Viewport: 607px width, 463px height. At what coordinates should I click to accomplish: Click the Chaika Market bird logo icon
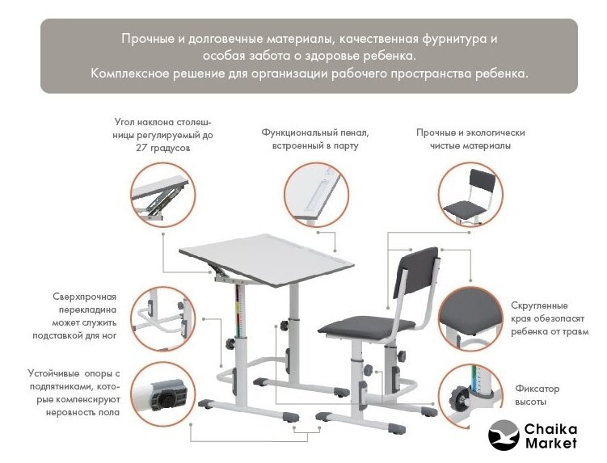pos(504,436)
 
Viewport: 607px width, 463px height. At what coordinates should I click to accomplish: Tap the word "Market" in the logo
pos(551,443)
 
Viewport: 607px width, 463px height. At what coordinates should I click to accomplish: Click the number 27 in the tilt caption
pos(141,148)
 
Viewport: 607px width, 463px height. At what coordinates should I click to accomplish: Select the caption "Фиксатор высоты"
pos(537,395)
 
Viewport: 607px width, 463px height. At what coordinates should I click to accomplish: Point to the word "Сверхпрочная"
pos(84,297)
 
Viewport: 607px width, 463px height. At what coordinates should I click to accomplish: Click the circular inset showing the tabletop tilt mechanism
pos(163,195)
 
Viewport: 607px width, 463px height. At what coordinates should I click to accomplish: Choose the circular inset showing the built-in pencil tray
pos(316,195)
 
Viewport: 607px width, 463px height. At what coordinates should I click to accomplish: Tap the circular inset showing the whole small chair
pos(470,195)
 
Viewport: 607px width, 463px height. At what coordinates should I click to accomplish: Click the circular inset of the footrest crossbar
pos(163,319)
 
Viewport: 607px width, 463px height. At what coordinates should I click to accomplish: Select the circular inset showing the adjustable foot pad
pos(163,394)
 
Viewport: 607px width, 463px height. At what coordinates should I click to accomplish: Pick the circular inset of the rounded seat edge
pos(470,319)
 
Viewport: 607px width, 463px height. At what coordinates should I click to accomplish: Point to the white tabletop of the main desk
pos(267,258)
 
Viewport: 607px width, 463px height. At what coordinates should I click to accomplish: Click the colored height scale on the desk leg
pos(239,309)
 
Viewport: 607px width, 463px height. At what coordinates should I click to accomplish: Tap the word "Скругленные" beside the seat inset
pos(539,305)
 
